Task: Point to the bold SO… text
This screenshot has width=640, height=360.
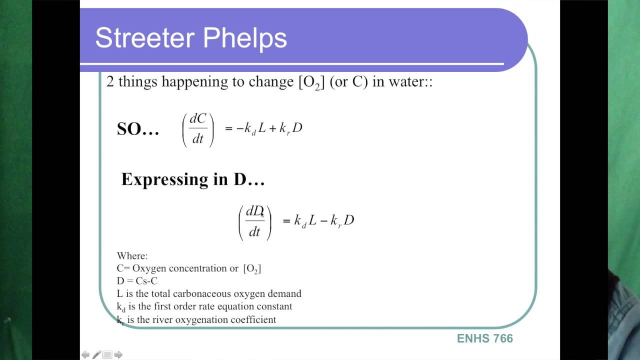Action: coord(138,129)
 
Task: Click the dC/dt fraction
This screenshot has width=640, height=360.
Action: coord(198,128)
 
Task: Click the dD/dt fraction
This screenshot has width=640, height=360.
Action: coord(254,221)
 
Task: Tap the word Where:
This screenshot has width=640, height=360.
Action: coord(132,256)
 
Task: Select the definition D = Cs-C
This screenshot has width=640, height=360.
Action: coord(137,281)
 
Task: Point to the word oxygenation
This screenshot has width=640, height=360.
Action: coord(204,319)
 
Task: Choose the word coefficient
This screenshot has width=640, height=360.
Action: coord(253,319)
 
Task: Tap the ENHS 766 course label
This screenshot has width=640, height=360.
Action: coord(484,338)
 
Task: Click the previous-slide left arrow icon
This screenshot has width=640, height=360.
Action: coord(85,354)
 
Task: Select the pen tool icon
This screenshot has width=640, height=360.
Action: coord(96,354)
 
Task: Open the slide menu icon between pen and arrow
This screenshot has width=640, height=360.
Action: coord(107,354)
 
